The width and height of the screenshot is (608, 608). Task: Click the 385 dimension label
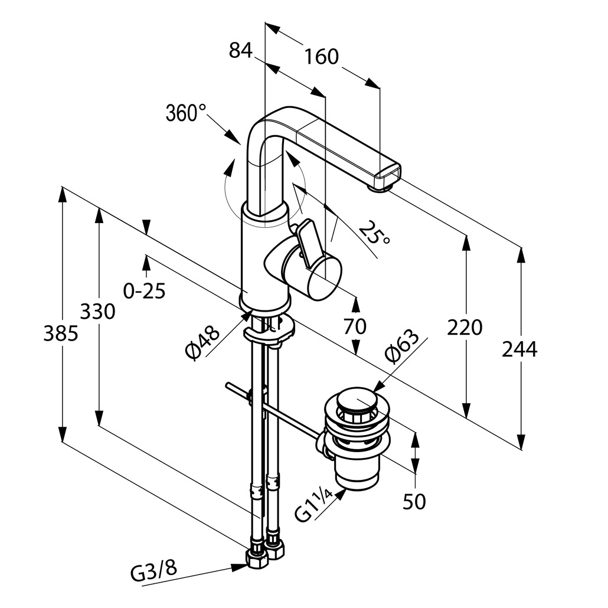tap(61, 334)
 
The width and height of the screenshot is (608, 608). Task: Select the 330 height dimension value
tap(98, 311)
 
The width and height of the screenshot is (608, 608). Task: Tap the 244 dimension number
tap(519, 349)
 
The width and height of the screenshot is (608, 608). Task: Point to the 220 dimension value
tap(465, 326)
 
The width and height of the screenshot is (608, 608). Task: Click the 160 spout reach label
tap(322, 57)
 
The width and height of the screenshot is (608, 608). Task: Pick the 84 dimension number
tap(240, 51)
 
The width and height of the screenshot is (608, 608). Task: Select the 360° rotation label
tap(186, 112)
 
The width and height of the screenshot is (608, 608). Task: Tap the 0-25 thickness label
tap(144, 290)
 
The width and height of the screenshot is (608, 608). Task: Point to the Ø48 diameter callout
tap(202, 343)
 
